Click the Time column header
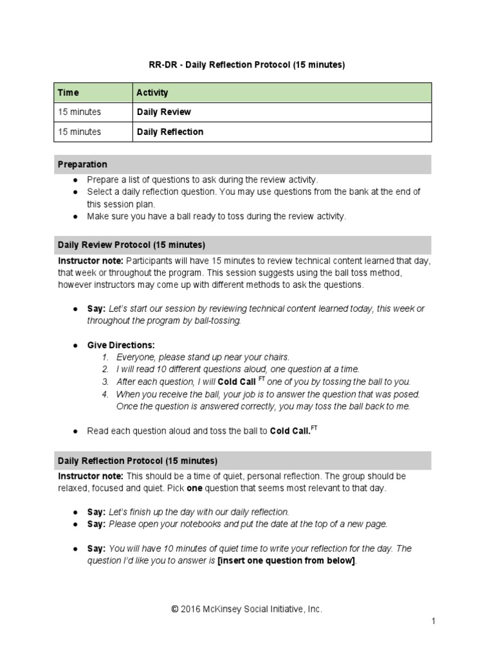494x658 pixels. pyautogui.click(x=68, y=93)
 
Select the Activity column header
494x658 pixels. pyautogui.click(x=152, y=93)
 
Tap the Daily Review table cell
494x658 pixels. pyautogui.click(x=163, y=112)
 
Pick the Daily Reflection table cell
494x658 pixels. pyautogui.click(x=170, y=132)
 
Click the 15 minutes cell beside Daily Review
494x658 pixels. pyautogui.click(x=79, y=112)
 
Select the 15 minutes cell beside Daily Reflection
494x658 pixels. pyautogui.click(x=79, y=132)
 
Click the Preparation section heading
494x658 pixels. pyautogui.click(x=82, y=164)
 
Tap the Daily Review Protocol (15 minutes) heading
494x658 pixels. pyautogui.click(x=131, y=245)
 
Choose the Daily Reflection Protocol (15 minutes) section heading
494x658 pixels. pyautogui.click(x=138, y=461)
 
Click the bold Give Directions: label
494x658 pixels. pyautogui.click(x=121, y=345)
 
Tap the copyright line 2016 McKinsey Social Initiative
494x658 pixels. pyautogui.click(x=246, y=609)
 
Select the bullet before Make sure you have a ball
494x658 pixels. pyautogui.click(x=75, y=217)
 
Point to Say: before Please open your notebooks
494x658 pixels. pyautogui.click(x=96, y=524)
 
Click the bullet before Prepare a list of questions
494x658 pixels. pyautogui.click(x=75, y=180)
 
